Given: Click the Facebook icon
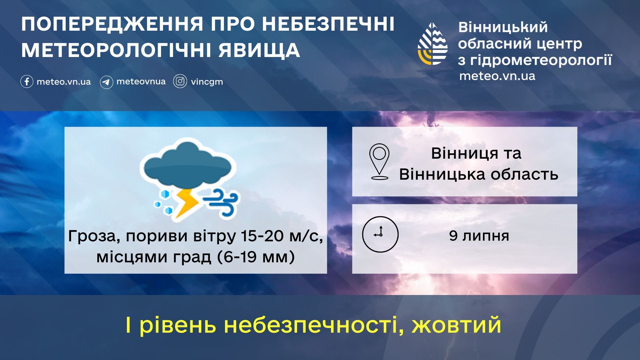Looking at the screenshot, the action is click(x=27, y=81).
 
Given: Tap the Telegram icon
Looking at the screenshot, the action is click(x=106, y=82).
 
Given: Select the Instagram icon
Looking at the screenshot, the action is click(x=180, y=81).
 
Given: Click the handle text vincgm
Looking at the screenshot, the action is click(x=207, y=82).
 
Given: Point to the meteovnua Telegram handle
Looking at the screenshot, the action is click(x=141, y=82).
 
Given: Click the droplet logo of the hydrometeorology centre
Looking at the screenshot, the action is click(x=433, y=44).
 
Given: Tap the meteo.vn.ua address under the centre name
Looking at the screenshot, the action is click(x=497, y=76).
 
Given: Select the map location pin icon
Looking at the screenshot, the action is click(x=379, y=162).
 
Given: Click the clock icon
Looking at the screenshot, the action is click(x=380, y=234).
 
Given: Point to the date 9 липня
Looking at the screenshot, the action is click(x=479, y=236).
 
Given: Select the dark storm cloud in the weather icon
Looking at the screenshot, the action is click(x=188, y=163).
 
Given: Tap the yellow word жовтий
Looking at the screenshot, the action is click(x=457, y=325).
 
